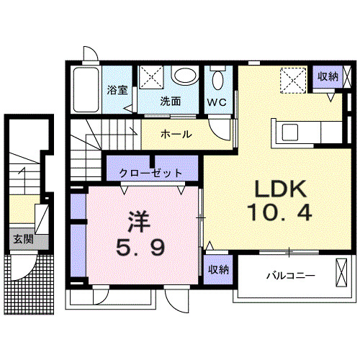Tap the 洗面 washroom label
tap(170, 102)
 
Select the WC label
tap(217, 102)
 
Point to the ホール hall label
tap(176, 134)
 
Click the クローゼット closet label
tap(151, 173)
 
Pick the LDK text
tap(279, 190)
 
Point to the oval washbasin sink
tap(186, 76)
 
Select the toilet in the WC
tap(218, 78)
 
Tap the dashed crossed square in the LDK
tap(291, 78)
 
